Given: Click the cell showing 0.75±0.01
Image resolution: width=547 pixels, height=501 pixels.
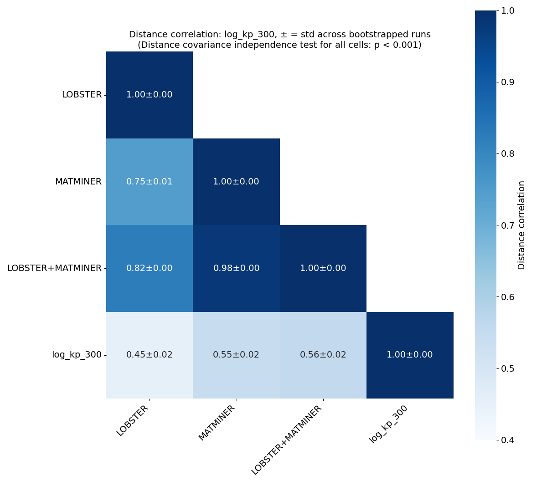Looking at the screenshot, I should click(150, 182).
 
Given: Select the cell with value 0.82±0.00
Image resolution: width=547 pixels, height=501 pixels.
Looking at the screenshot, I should click(150, 268).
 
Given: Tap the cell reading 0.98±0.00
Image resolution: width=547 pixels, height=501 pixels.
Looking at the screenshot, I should click(236, 268).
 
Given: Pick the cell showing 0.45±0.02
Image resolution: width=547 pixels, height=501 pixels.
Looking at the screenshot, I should click(150, 355).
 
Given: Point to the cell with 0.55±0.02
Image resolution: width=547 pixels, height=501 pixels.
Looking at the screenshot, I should click(236, 355).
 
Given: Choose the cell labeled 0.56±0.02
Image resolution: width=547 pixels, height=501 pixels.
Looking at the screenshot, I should click(323, 355).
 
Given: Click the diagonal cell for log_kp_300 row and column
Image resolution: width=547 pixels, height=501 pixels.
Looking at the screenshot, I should click(410, 355).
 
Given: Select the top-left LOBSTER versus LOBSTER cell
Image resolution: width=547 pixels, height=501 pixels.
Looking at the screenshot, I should click(150, 95).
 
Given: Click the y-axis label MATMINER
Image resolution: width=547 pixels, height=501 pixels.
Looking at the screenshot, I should click(78, 182).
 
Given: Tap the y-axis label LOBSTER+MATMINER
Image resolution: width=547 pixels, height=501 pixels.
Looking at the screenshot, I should click(54, 268).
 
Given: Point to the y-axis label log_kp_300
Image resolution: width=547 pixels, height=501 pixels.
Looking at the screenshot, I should click(77, 355).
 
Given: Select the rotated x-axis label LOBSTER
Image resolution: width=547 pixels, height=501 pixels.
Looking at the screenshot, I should click(133, 420).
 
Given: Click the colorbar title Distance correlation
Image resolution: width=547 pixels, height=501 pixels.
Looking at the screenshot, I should click(521, 225).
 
